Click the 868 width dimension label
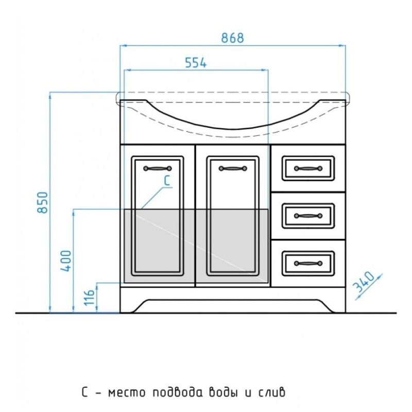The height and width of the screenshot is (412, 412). click(233, 38)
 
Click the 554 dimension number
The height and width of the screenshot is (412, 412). click(196, 62)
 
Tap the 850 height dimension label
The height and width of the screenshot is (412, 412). click(43, 202)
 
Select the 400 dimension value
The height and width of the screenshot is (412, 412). click(66, 261)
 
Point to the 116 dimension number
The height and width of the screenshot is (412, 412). click(89, 297)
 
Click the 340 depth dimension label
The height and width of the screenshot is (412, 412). click(364, 282)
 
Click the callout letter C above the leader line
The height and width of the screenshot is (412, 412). click(167, 181)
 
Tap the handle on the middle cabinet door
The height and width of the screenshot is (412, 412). click(233, 168)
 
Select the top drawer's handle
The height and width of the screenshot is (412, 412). click(308, 168)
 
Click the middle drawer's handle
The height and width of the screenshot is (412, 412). click(308, 216)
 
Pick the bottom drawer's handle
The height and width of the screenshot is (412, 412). click(308, 263)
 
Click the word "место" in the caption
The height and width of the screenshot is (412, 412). click(127, 393)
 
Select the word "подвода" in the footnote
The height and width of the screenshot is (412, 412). click(178, 392)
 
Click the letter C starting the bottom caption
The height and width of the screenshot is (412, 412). click(84, 392)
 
